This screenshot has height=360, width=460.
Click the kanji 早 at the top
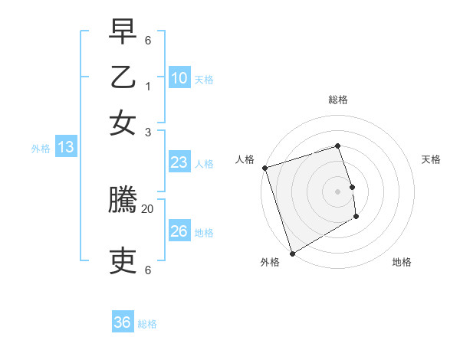[x=123, y=34]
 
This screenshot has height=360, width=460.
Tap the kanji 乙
[x=123, y=78]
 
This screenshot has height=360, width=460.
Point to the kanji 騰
[x=123, y=201]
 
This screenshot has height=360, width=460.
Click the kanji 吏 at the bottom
[x=123, y=261]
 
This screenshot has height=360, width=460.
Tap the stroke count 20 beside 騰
[x=148, y=208]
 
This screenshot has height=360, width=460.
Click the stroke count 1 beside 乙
[x=148, y=86]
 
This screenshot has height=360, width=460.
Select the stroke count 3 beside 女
[x=148, y=132]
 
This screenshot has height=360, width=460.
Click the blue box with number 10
[x=179, y=77]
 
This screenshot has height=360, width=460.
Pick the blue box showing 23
[x=179, y=162]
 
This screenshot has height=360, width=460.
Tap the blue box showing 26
[x=179, y=231]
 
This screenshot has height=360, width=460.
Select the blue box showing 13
[x=65, y=147]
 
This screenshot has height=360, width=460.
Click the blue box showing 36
[x=122, y=322]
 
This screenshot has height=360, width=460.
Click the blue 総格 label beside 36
[x=147, y=324]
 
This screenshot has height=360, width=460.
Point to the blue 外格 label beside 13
[x=41, y=149]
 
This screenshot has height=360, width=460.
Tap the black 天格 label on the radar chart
[x=431, y=159]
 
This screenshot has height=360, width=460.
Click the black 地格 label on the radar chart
[x=402, y=262]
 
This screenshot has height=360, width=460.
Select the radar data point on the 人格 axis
[x=264, y=168]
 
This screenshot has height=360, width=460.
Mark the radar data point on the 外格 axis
[x=292, y=253]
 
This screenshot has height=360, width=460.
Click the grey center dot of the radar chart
[x=337, y=191]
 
